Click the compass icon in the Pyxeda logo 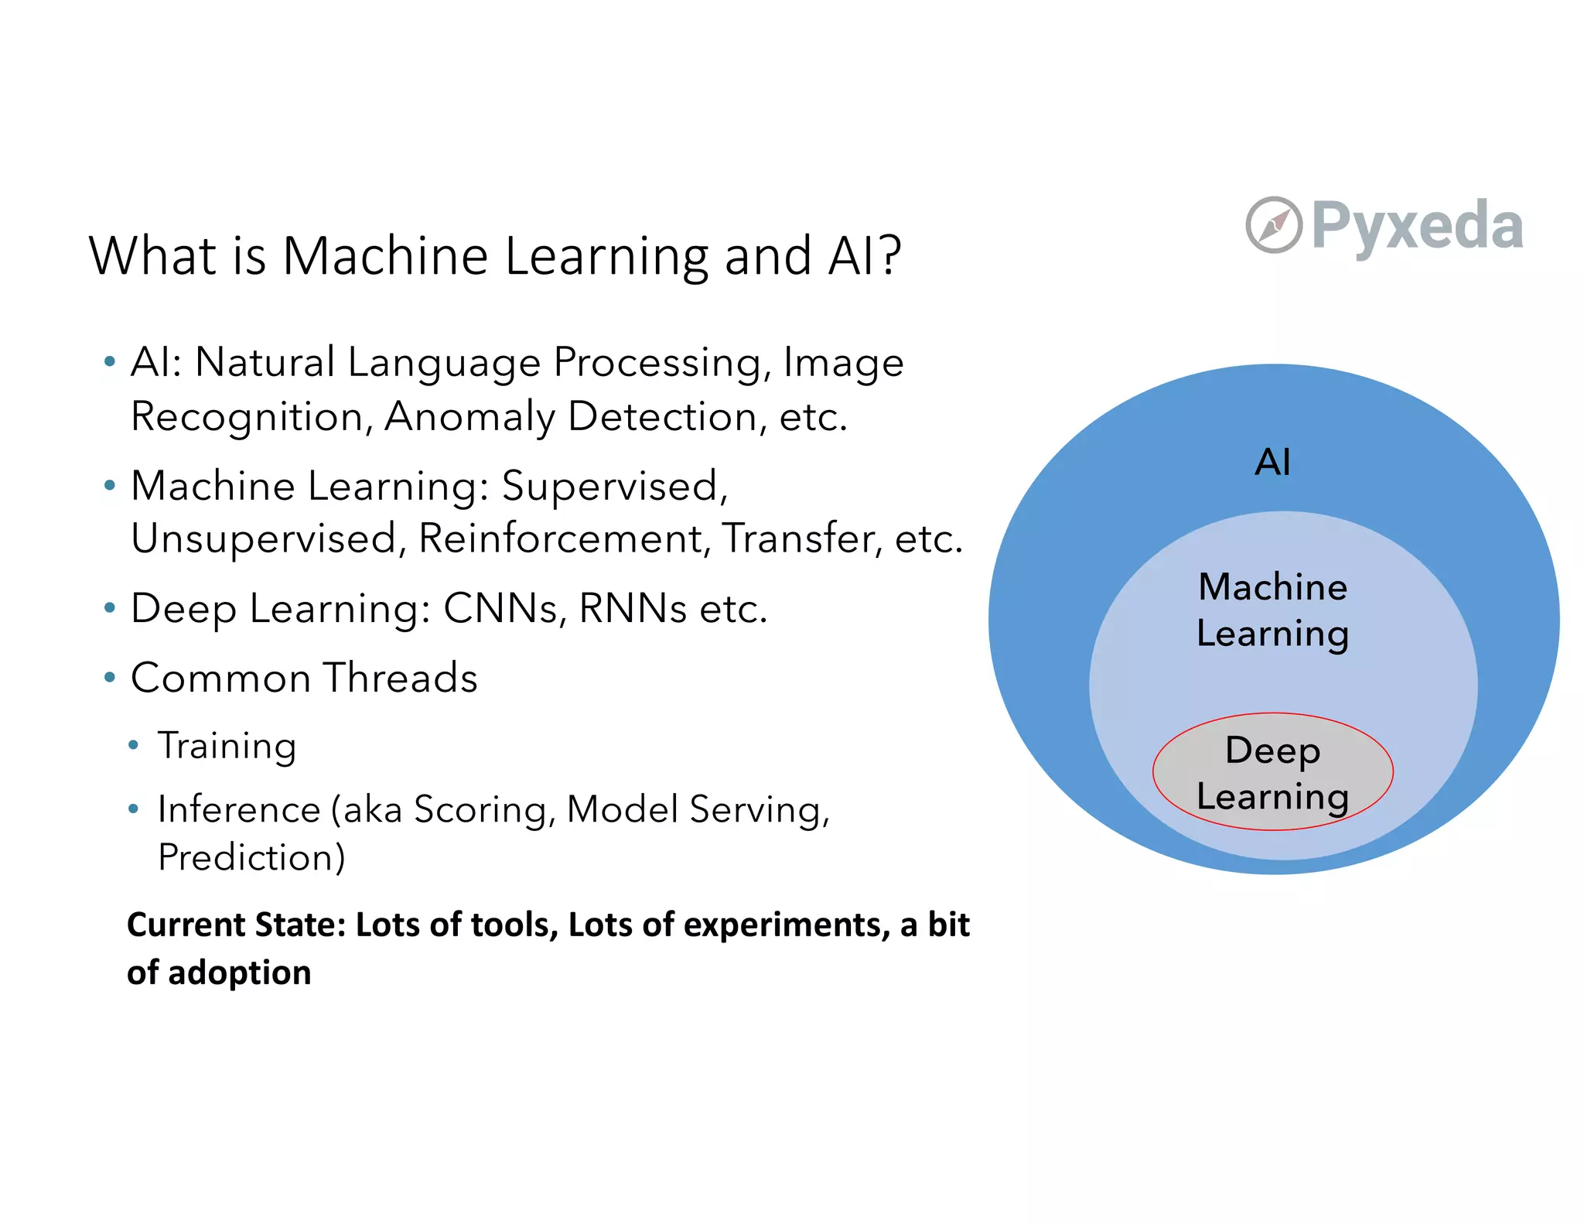[1273, 225]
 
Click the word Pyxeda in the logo [1417, 226]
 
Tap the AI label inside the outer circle [1272, 463]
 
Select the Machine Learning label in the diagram [1272, 610]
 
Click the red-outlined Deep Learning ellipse [1272, 772]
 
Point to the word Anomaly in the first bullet [469, 417]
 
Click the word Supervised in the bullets [614, 487]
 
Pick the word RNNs [633, 609]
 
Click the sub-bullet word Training [227, 747]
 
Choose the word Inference [239, 810]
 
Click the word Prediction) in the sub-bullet [251, 857]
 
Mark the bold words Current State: [236, 925]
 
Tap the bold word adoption [240, 973]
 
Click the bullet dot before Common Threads [110, 678]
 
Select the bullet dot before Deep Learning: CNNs [110, 608]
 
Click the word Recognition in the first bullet [247, 417]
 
